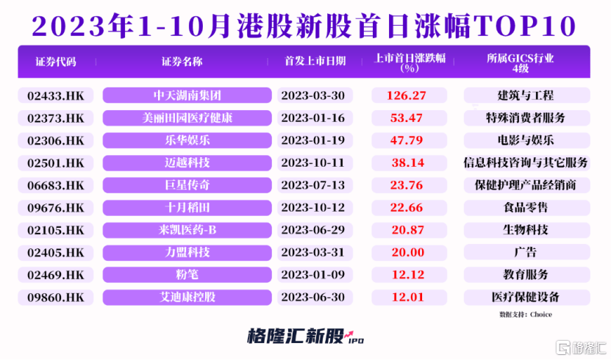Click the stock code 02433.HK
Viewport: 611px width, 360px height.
pos(55,96)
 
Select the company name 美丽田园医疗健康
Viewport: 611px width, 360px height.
pos(187,118)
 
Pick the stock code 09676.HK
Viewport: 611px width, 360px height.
pos(55,208)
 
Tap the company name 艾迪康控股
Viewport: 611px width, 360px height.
pos(187,298)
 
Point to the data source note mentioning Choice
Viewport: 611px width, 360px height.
pos(525,315)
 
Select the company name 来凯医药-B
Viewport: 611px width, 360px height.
pos(187,231)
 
